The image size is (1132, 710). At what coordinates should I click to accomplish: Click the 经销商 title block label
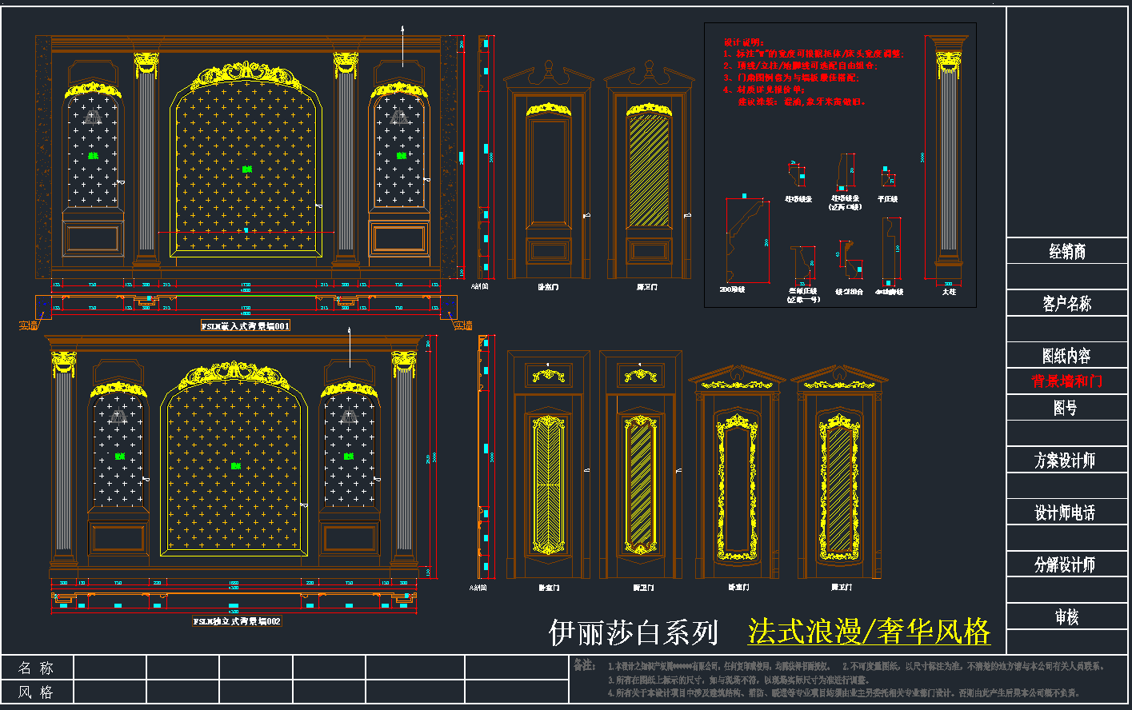point(1067,252)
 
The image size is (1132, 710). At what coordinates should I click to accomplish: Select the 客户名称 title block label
point(1067,304)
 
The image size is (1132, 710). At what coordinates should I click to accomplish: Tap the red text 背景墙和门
point(1067,381)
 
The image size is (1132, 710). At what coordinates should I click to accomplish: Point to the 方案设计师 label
point(1065,461)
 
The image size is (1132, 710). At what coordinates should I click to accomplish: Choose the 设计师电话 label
point(1065,513)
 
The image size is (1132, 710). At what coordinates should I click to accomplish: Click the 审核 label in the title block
point(1066,617)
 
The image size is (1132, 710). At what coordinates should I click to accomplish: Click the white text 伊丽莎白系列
point(634,632)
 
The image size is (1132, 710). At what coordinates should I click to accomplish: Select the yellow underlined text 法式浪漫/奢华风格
point(869,632)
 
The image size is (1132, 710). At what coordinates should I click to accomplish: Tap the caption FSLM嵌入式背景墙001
point(246,326)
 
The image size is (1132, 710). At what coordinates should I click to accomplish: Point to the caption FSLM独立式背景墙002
point(237,621)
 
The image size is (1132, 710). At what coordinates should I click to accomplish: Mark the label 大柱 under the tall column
point(948,293)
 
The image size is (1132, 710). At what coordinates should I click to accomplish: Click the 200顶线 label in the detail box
point(732,289)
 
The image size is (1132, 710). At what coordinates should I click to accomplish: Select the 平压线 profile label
point(887,199)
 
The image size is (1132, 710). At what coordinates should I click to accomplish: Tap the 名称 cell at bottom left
point(36,668)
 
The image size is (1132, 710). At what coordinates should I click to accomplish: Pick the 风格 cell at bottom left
point(36,692)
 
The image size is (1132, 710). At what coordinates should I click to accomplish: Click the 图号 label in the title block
point(1065,409)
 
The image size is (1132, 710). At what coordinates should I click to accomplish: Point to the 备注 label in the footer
point(584,665)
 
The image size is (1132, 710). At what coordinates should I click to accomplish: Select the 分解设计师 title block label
point(1065,565)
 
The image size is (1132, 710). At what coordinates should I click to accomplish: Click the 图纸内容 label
point(1066,356)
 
